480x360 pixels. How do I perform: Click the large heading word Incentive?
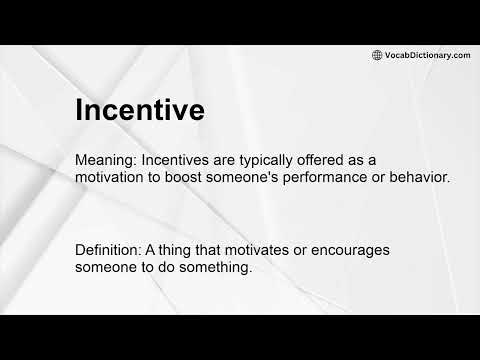click(140, 109)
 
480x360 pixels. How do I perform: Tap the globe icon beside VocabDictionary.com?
click(377, 55)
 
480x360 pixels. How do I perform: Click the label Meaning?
click(106, 160)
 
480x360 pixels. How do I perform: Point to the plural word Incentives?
click(181, 160)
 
